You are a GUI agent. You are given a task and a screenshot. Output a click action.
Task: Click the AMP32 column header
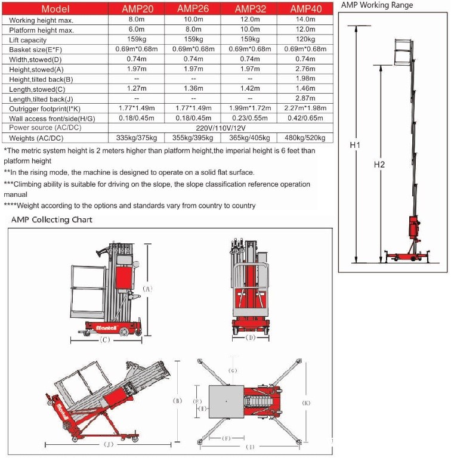(x=251, y=9)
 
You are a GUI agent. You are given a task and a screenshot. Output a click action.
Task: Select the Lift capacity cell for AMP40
(x=305, y=39)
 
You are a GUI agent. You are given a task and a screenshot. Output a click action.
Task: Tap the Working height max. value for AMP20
(x=137, y=19)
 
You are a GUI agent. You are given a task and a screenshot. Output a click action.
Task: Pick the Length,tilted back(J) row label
(x=41, y=100)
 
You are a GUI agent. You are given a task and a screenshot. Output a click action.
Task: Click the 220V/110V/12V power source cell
(x=221, y=128)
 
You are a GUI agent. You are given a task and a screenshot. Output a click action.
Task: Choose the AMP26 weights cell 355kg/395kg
(x=193, y=138)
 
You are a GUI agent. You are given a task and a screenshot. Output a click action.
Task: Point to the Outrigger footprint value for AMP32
(x=250, y=108)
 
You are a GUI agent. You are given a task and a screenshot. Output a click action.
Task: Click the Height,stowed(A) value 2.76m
(x=305, y=69)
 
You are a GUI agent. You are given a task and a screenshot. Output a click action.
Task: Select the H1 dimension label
(x=355, y=145)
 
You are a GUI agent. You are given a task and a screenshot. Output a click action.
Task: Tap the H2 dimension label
(x=379, y=165)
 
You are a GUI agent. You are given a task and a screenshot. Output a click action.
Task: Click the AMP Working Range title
(x=377, y=5)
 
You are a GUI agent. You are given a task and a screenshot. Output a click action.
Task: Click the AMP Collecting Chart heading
(x=52, y=219)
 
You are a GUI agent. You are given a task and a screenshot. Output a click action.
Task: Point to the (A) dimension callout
(x=147, y=289)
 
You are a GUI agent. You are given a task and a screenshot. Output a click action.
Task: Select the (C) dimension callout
(x=105, y=340)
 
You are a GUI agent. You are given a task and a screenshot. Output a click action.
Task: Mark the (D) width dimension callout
(x=251, y=338)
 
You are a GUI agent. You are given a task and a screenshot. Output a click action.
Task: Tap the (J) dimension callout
(x=109, y=444)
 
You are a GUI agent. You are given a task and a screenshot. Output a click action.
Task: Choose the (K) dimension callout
(x=306, y=403)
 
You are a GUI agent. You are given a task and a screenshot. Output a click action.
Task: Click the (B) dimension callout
(x=178, y=401)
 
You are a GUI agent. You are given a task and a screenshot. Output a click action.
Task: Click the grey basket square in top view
(x=226, y=401)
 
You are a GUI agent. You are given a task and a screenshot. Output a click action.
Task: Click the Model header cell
(x=55, y=9)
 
